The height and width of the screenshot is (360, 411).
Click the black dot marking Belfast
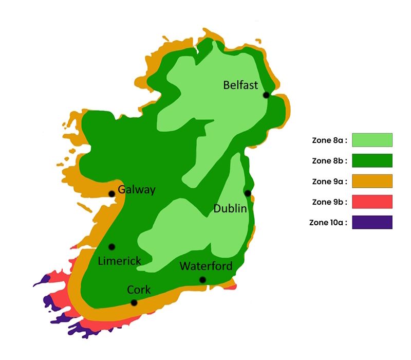click(266, 95)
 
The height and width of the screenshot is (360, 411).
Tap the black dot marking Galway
click(111, 194)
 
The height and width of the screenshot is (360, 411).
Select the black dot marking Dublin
click(248, 193)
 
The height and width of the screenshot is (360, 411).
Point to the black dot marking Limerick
click(112, 247)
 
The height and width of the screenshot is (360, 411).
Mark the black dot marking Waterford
click(203, 280)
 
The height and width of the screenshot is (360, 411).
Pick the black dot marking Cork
click(134, 302)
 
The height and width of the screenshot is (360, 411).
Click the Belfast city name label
click(240, 85)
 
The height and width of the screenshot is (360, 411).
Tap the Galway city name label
click(137, 190)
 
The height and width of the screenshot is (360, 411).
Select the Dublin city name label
click(230, 208)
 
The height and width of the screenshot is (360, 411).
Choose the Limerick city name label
click(119, 261)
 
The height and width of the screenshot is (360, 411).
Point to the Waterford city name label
click(206, 266)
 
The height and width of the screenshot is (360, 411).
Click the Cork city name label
click(139, 290)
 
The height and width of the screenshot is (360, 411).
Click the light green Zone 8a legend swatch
click(372, 140)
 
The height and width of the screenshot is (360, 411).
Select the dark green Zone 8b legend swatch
click(372, 160)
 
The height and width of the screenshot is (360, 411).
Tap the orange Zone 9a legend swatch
click(372, 181)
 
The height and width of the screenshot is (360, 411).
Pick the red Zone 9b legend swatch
click(372, 202)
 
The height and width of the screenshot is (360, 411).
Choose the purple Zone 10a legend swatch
click(372, 222)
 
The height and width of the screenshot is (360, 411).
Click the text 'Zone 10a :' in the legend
click(329, 223)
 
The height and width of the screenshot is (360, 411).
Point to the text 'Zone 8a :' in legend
click(330, 140)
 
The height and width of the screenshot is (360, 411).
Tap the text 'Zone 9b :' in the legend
click(330, 202)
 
